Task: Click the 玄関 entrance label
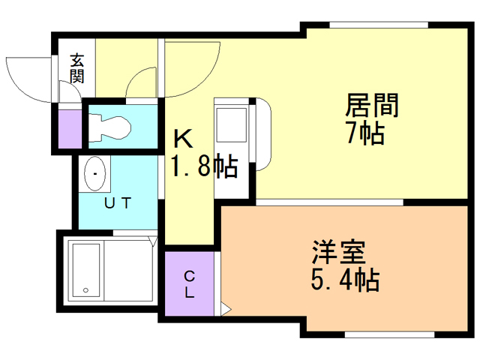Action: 76,68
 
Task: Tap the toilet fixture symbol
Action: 109,128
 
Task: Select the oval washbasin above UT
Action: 95,173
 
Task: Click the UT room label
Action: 118,203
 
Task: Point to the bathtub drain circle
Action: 85,290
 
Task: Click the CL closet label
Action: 190,285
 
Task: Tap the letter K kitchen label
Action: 183,139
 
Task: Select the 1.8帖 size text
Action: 205,166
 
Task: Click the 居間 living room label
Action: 372,105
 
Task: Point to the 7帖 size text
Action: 365,133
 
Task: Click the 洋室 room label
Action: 338,253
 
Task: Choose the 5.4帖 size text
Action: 345,280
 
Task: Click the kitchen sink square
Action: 232,125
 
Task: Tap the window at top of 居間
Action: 379,25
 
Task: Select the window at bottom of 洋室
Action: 390,334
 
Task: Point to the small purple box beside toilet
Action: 70,129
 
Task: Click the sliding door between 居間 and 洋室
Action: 329,202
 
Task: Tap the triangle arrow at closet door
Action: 226,308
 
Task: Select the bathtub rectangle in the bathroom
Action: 86,270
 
